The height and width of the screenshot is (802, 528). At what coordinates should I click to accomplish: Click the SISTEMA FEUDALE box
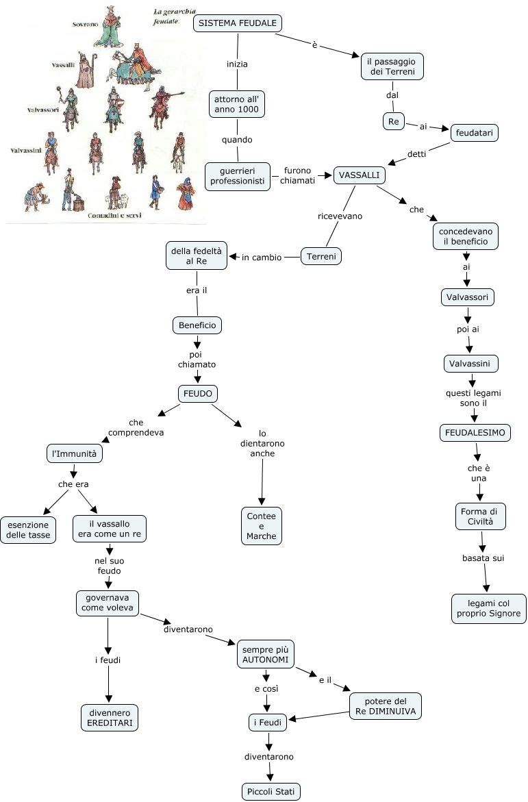coord(238,23)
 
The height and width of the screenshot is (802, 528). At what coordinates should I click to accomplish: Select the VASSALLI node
coord(359,175)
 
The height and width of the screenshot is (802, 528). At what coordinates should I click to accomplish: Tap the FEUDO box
coord(198,394)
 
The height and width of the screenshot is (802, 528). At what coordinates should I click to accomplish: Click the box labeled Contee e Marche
coord(262,526)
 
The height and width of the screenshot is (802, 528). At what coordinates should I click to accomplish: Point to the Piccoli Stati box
coord(271,792)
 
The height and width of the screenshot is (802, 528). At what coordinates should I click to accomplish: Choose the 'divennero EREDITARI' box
coord(110,717)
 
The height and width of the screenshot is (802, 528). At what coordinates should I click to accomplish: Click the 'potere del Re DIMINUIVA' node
coord(385,706)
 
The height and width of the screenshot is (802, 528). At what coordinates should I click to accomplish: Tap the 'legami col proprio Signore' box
coord(489,608)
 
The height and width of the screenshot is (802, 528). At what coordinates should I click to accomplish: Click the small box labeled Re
coord(393,121)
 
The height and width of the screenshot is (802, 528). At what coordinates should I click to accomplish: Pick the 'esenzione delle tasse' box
coord(29,529)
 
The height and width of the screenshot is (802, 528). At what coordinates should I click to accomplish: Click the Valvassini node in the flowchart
coord(470,362)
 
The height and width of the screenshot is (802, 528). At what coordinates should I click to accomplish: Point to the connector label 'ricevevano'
coord(340,216)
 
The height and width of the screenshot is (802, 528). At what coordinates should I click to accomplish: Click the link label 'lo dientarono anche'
coord(262,443)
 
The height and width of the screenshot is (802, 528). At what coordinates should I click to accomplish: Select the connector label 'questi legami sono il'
coord(473,398)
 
